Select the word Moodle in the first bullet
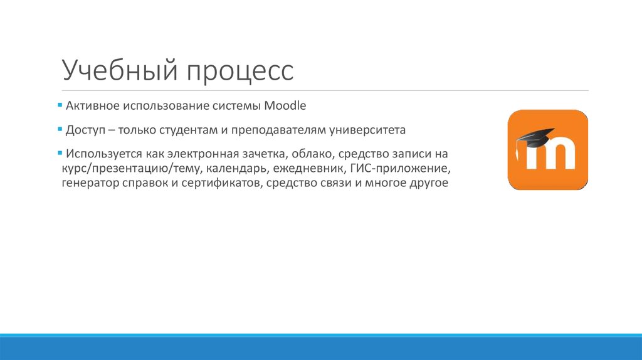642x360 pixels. click(285, 106)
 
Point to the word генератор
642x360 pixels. click(88, 184)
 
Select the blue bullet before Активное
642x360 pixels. click(60, 104)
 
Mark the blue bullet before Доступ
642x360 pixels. click(60, 129)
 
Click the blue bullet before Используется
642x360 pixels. click(60, 152)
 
